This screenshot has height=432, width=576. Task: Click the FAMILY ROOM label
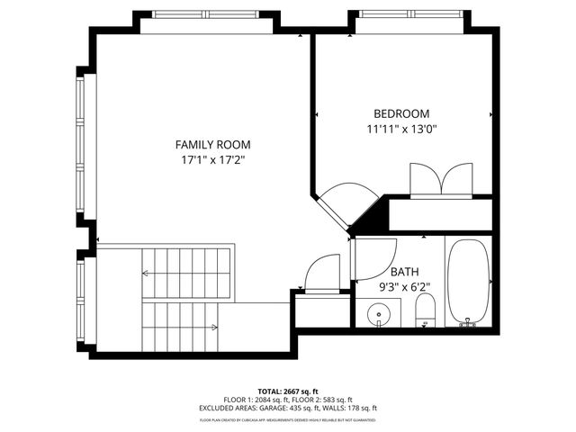(x=212, y=144)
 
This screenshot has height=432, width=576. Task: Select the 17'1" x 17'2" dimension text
(x=212, y=159)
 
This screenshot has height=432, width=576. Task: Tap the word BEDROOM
(x=401, y=113)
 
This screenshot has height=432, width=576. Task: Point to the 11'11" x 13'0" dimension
(x=401, y=129)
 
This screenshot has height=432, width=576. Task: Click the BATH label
(x=405, y=272)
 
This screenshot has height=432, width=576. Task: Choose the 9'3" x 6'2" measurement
(x=405, y=287)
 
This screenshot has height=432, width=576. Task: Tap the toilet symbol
(x=425, y=312)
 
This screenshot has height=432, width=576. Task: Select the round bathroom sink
(x=381, y=315)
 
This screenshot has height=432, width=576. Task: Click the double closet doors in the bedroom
(x=440, y=178)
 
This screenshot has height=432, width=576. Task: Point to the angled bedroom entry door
(x=342, y=203)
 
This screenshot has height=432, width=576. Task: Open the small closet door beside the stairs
(x=321, y=273)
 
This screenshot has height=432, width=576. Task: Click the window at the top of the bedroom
(x=410, y=14)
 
